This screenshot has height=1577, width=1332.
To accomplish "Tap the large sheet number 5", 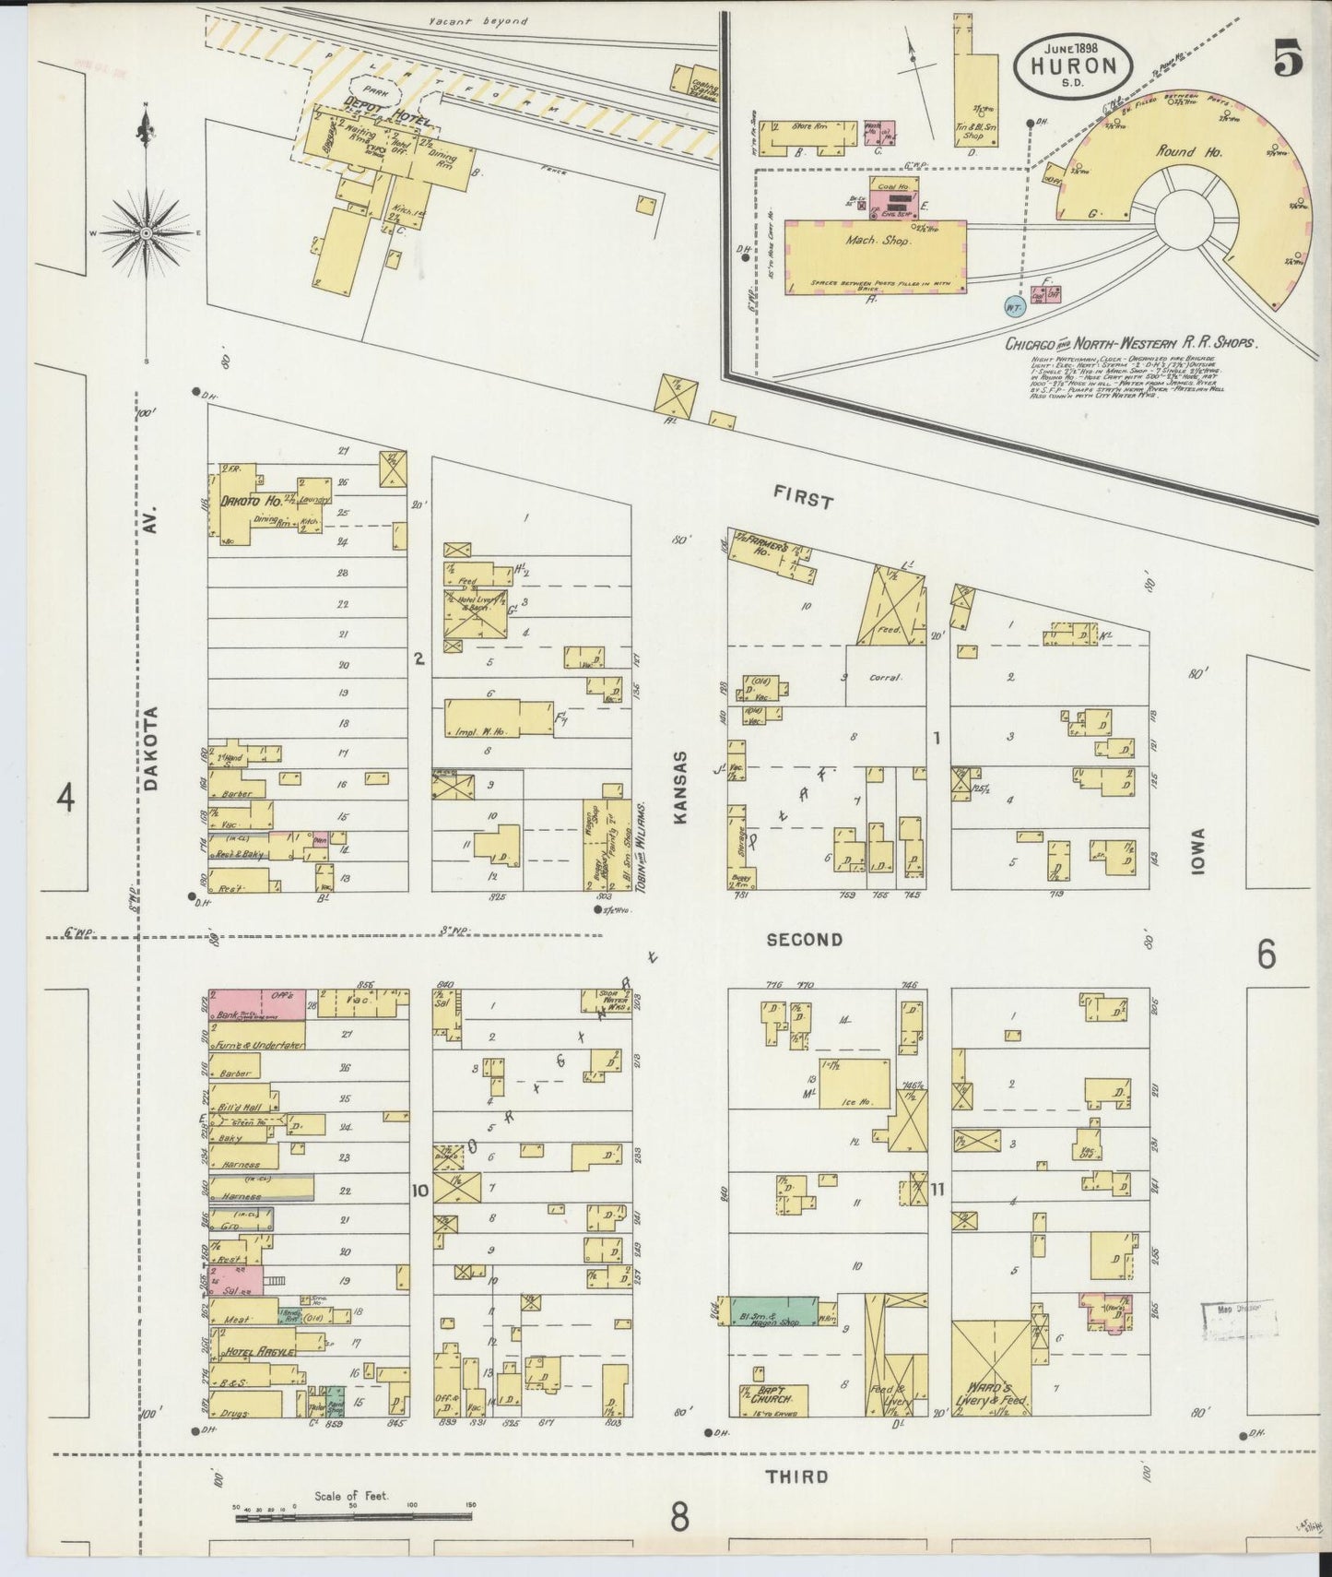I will coord(1289,61).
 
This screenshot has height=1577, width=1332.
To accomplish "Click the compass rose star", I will coord(146,234).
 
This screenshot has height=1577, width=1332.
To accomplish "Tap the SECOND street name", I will coord(804,940).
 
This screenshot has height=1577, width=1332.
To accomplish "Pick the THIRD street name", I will coord(796,1476).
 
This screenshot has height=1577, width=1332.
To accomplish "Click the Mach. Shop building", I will coord(876,256).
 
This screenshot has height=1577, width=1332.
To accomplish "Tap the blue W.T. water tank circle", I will coord(1015,303).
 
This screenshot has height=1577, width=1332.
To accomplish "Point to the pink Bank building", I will coord(257,1005).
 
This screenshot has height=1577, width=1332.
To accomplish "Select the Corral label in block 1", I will coord(885,677).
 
